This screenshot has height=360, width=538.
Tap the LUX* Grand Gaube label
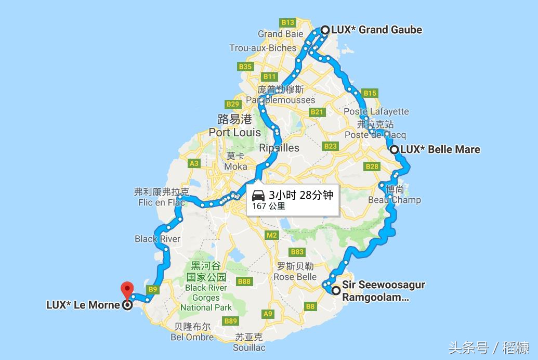377,30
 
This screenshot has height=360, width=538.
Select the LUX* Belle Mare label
440,149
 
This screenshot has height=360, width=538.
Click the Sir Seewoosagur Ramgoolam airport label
383,291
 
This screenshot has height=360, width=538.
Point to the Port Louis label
235,132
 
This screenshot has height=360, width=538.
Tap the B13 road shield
287,22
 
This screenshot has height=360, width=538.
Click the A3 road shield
194,163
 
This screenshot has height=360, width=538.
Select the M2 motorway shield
271,235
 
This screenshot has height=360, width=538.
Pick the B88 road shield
244,281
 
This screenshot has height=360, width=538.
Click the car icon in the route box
258,196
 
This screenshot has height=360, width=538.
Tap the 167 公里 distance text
269,206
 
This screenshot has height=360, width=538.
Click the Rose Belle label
295,277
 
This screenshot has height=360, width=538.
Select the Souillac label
249,347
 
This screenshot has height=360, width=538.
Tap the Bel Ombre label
192,337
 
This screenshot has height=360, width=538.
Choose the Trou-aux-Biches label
263,48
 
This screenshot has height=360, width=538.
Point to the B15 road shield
370,93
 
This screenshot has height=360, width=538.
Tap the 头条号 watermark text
468,348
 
